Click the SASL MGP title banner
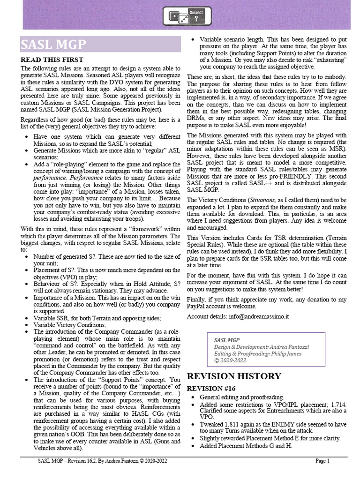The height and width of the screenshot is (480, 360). coord(100,45)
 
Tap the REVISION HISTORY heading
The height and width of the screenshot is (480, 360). coord(234,376)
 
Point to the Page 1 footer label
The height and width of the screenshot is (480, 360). coord(322,461)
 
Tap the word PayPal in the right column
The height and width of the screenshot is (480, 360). coord(197,307)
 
